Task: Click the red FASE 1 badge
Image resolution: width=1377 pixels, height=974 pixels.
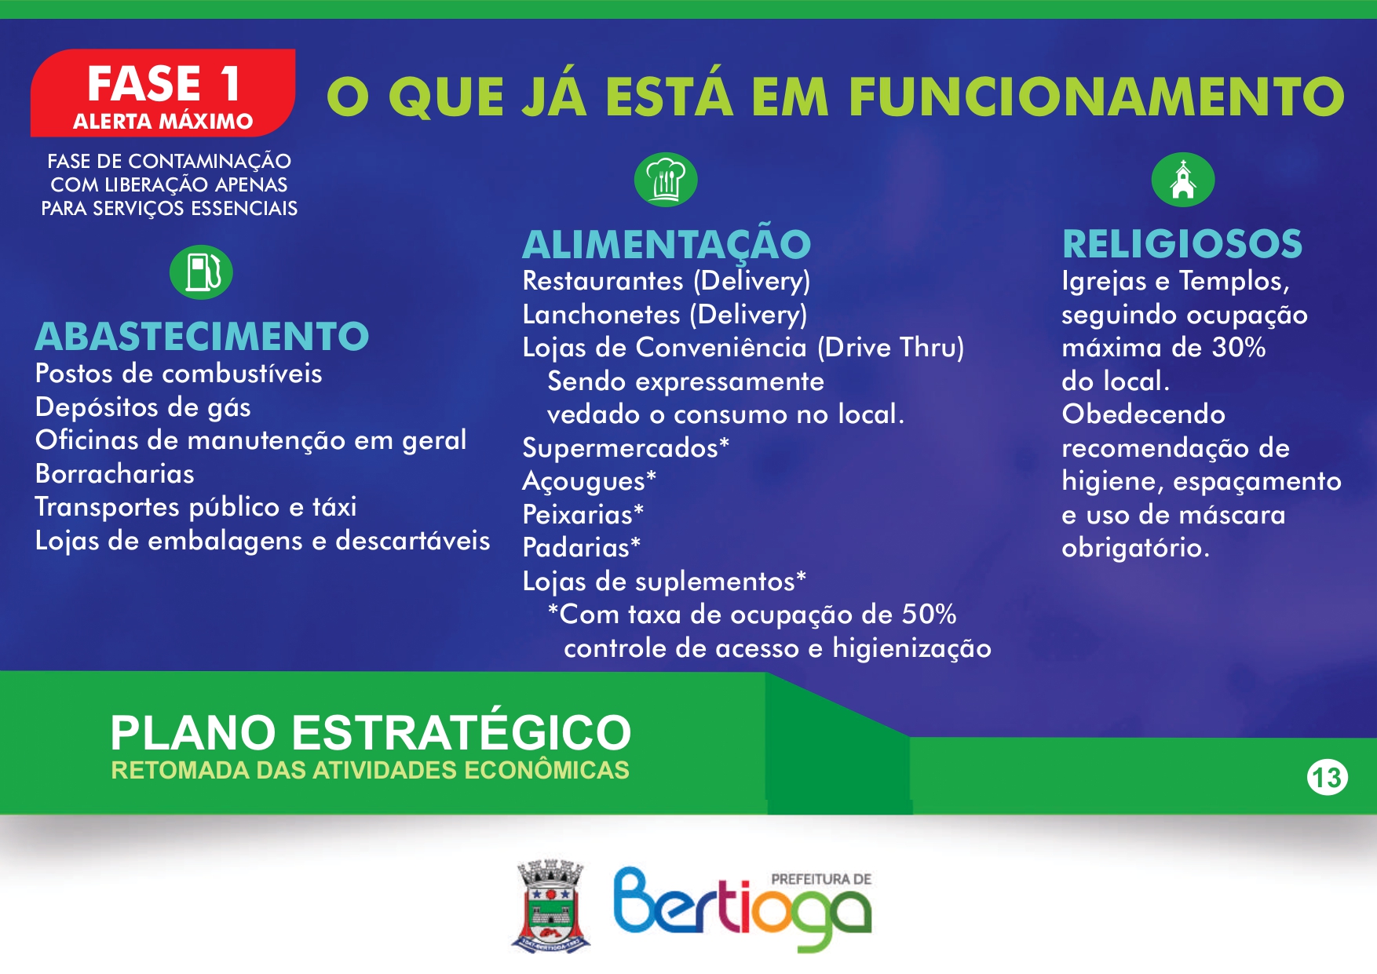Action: (163, 93)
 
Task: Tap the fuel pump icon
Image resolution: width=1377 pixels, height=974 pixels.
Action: (201, 272)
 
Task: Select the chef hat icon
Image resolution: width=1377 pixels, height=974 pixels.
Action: (666, 180)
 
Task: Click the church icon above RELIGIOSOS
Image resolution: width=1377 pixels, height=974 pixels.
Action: (1183, 180)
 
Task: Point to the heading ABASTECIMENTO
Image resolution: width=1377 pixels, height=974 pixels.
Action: (202, 336)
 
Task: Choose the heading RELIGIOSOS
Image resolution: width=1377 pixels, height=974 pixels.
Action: (1182, 243)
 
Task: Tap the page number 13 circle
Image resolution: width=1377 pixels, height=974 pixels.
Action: (1328, 778)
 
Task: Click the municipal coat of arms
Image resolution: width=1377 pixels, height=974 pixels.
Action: (551, 906)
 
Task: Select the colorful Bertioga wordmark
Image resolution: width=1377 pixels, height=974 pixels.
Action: (742, 909)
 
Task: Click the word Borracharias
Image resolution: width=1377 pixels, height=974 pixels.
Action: (115, 473)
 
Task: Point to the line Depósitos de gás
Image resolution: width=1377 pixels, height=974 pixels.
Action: (143, 407)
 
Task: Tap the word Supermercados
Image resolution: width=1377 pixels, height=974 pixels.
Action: (620, 447)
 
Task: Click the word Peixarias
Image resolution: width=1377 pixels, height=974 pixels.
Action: (578, 514)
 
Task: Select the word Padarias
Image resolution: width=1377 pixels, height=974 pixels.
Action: (576, 547)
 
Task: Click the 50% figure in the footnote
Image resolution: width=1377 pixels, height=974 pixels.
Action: (929, 614)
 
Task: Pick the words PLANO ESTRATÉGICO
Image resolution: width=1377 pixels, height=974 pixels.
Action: (371, 731)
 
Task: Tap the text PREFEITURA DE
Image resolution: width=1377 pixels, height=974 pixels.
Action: (821, 879)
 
